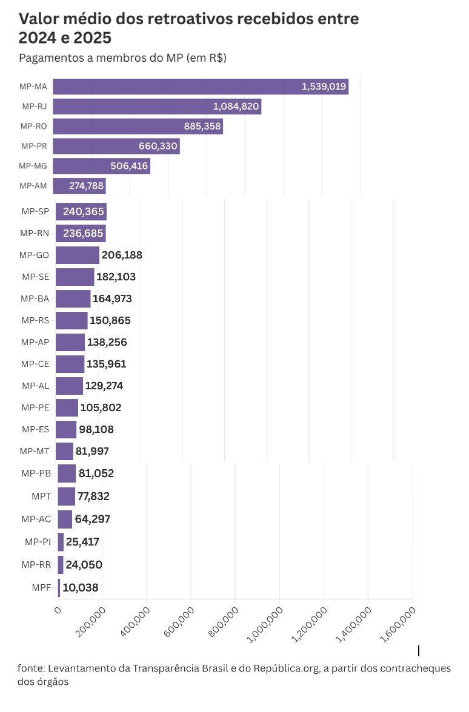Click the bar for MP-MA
pos(200,87)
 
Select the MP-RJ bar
pos(157,107)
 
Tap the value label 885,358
pos(202,127)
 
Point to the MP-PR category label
pos(34,146)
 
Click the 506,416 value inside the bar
pos(129,166)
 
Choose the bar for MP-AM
pos(79,186)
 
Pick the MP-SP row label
pos(35,211)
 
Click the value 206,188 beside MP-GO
pos(122,255)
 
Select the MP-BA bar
pos(73,298)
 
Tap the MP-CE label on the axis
pos(35,364)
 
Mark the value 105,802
pos(101,407)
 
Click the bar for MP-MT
pos(64,451)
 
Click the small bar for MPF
pos(59,587)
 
